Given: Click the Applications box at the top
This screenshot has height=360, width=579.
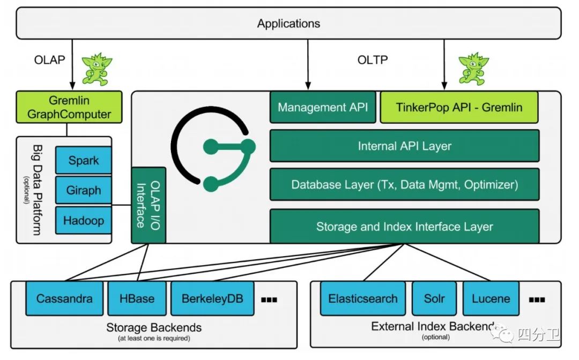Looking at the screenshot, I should [x=288, y=24].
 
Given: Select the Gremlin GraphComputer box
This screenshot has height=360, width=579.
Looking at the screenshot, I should [x=69, y=107].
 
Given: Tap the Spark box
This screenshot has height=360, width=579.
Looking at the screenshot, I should [x=84, y=161].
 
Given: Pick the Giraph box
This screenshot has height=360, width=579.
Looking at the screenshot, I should [x=84, y=191].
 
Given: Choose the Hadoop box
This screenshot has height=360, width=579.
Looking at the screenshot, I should [x=84, y=221].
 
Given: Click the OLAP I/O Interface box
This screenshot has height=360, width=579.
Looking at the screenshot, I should [x=149, y=206].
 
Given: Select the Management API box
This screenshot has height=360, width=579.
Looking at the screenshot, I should [x=323, y=107].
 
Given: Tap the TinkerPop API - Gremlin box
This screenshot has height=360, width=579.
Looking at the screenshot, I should [x=459, y=107].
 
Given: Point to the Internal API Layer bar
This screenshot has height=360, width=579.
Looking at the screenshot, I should [x=404, y=146].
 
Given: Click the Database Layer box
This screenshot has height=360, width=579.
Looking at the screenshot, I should [x=404, y=185].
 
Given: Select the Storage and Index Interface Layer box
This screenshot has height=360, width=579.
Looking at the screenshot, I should [x=404, y=226].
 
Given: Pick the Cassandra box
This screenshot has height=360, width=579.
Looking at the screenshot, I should [x=64, y=298].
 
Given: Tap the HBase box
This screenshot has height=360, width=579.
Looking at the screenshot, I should [x=137, y=298].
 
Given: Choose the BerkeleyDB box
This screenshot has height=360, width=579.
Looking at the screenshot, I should [x=212, y=298].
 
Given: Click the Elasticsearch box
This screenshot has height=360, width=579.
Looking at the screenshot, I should [x=363, y=298].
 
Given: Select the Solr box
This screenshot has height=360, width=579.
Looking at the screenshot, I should [x=434, y=298].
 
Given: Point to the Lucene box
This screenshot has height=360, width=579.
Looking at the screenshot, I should [x=491, y=298].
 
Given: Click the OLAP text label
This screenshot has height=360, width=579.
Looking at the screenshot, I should [x=49, y=60].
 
